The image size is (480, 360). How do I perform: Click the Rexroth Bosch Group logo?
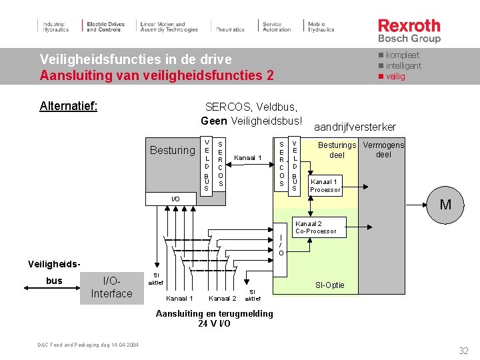(x=409, y=30)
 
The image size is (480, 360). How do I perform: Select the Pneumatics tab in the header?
(x=230, y=29)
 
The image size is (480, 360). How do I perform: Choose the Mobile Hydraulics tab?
(x=321, y=27)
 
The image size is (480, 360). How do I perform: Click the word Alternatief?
(x=69, y=106)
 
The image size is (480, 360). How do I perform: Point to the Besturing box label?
(x=173, y=150)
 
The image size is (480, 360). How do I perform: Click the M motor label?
(x=445, y=205)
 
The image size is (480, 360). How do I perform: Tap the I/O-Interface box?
(x=112, y=287)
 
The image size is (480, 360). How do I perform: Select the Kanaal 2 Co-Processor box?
(x=316, y=227)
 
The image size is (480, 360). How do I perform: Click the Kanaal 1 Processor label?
(x=325, y=185)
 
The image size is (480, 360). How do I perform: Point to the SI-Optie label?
(x=330, y=285)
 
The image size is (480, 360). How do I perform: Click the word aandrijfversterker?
(x=355, y=127)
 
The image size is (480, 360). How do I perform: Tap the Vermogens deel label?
(x=383, y=150)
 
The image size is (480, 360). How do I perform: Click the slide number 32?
(x=464, y=351)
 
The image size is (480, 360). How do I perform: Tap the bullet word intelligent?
(x=403, y=65)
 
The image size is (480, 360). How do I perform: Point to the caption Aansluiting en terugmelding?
(x=214, y=313)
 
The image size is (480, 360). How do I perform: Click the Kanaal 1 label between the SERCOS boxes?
(x=248, y=158)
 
